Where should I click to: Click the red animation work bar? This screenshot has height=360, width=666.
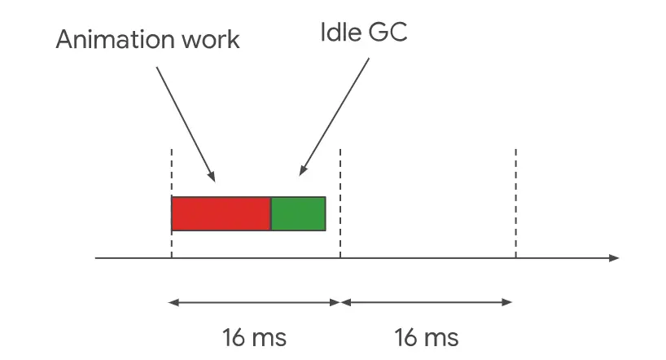tap(221, 213)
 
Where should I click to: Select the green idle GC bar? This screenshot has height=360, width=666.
tap(298, 213)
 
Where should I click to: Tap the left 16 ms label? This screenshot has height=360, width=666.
tap(254, 336)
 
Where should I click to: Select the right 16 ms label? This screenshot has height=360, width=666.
tap(427, 336)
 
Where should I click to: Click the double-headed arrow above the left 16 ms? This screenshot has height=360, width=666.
tap(254, 303)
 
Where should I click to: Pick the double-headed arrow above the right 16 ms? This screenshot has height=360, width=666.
tap(427, 303)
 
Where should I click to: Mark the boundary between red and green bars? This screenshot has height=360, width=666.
tap(270, 213)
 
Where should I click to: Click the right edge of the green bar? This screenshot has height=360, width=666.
tap(325, 213)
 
